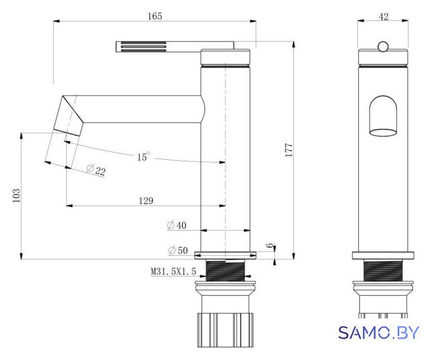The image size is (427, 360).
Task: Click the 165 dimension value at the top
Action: coord(155,16)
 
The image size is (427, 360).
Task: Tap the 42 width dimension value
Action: coord(384,17)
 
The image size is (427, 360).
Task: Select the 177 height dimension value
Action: coord(289,150)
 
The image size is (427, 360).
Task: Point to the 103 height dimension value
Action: coord(16,195)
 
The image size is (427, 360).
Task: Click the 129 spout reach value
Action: coord(146,201)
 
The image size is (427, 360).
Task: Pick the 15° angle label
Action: coord(143,156)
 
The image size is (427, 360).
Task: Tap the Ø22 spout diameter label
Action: coord(96,170)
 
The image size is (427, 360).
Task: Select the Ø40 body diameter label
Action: coord(177,225)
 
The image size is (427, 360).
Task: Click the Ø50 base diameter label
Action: coord(178,250)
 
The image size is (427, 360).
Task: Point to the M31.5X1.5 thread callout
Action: coord(173,271)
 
